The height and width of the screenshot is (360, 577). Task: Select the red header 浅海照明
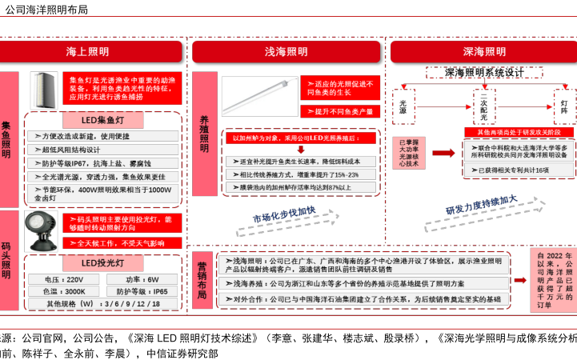pos(286,52)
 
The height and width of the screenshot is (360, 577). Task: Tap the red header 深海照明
pos(484,52)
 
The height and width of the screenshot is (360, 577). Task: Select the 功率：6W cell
pos(142,279)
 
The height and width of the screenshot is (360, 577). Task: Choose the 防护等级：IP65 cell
pos(142,291)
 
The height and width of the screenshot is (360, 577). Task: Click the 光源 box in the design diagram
pos(403,105)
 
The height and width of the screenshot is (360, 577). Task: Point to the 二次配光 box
pos(483,105)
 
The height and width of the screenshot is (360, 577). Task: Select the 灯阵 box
pos(564,105)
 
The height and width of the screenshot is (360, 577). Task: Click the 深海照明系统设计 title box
pos(485,73)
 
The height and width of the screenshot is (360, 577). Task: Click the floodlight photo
pos(39,230)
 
